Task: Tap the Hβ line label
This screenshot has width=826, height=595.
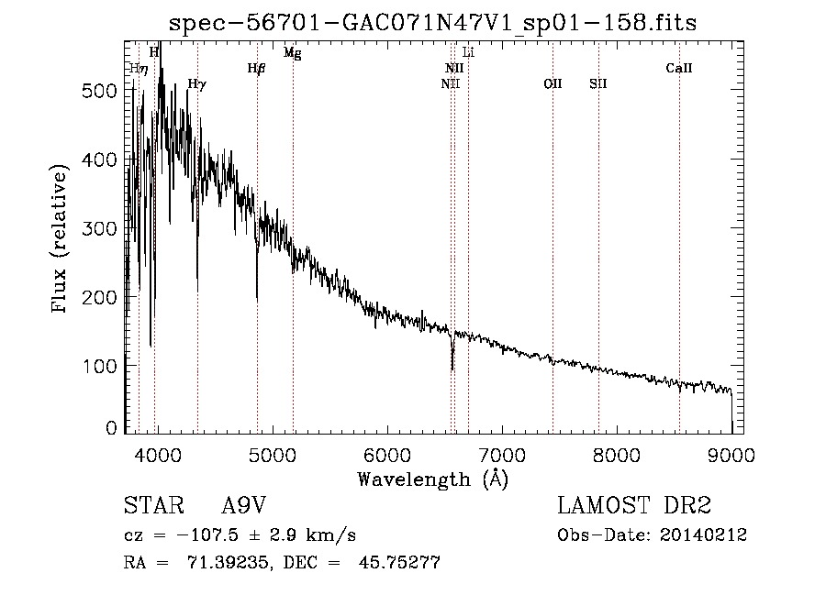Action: coord(256,68)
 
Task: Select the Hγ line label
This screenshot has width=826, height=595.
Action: coord(196,84)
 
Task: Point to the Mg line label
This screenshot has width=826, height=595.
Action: coord(292,53)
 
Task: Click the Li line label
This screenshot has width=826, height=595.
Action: coord(468,53)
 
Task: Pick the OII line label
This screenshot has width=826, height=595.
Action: coord(553,84)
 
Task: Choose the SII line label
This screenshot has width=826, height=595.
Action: coord(598,84)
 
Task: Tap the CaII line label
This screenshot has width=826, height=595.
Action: coord(679,68)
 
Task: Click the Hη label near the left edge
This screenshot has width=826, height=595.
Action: coord(138,68)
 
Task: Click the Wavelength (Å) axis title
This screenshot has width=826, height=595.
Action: coord(431,479)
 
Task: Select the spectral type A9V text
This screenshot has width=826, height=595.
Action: coord(244,507)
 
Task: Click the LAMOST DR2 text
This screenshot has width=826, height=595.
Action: coord(634,507)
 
